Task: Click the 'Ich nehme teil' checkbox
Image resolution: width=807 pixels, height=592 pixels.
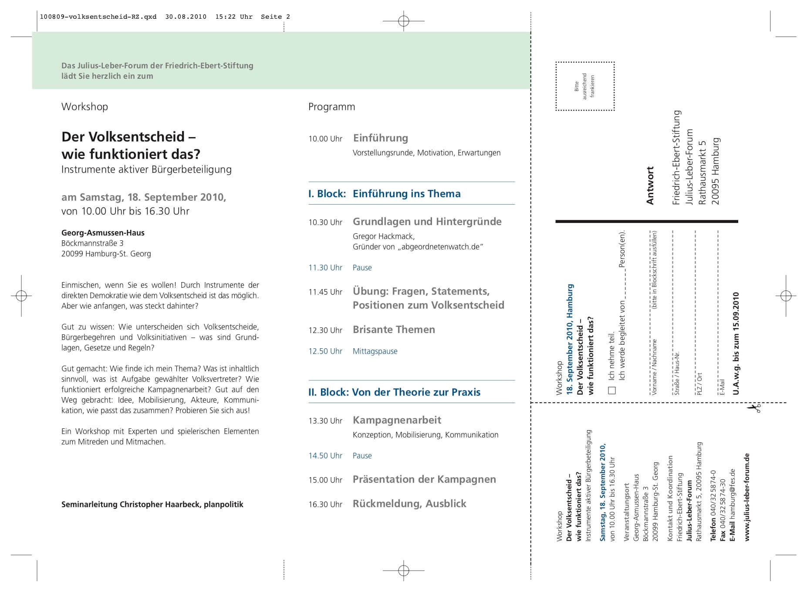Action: coord(612,390)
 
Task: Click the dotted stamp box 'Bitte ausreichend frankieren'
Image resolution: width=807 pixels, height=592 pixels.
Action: coord(585,86)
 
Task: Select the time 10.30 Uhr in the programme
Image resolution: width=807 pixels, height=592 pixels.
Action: coord(325,222)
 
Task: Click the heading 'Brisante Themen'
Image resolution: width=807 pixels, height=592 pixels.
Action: coord(394,330)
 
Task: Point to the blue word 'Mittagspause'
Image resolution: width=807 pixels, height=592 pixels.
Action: coord(375,351)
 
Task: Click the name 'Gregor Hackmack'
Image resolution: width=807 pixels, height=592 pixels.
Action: coord(383,236)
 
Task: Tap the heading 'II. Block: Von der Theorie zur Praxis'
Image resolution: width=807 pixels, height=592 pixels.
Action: coord(394,392)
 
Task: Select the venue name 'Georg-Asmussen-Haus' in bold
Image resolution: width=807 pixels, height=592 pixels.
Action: coord(103,233)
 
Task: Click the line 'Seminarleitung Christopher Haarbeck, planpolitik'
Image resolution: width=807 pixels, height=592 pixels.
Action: coord(152,505)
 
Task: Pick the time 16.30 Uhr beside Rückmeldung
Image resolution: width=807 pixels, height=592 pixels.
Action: coord(325,505)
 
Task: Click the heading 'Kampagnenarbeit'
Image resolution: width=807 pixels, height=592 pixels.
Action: coord(397,420)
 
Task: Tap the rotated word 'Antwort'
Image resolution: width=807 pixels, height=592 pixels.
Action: coord(650,185)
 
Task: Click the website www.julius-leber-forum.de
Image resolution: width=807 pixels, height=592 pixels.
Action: coord(747,497)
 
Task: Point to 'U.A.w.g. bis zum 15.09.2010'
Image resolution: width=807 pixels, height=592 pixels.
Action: coord(736,343)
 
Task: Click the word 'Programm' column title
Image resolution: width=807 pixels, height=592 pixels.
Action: coord(331,107)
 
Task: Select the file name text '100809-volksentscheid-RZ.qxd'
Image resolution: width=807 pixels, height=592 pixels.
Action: coord(98,17)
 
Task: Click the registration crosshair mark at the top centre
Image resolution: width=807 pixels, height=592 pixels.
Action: coord(403,21)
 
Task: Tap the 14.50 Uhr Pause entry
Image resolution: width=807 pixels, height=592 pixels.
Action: coord(340,456)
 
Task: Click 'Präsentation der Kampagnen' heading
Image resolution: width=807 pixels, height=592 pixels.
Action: coord(424,479)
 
